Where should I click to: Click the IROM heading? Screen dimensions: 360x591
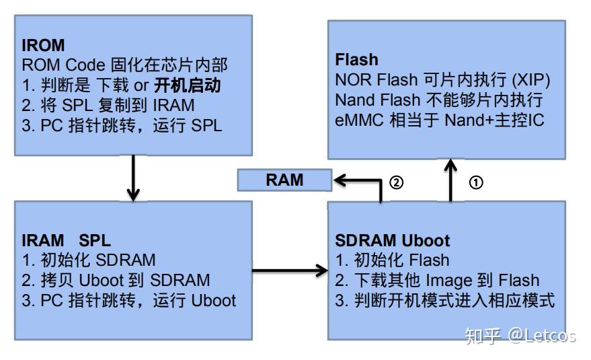click(x=43, y=46)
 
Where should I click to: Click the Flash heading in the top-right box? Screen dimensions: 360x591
click(x=356, y=60)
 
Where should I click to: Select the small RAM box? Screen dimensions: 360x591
click(x=284, y=180)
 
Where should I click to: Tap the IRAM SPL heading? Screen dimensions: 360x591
click(x=66, y=240)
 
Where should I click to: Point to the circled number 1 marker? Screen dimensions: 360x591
click(x=475, y=182)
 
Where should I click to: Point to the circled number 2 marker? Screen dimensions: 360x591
click(x=397, y=182)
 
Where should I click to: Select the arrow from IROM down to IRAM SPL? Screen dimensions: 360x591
click(x=133, y=176)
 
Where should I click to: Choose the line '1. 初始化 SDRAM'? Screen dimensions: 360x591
click(x=88, y=260)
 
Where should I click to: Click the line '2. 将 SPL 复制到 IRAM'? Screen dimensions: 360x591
click(x=108, y=106)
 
